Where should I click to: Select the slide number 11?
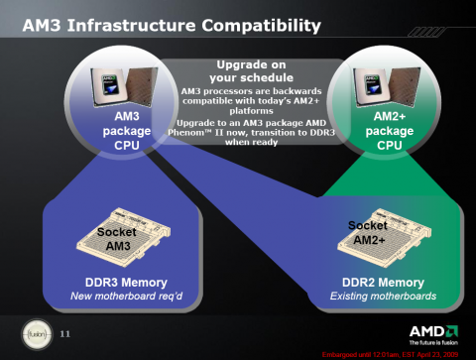coord(66,331)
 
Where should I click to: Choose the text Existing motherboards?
coord(370,296)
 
